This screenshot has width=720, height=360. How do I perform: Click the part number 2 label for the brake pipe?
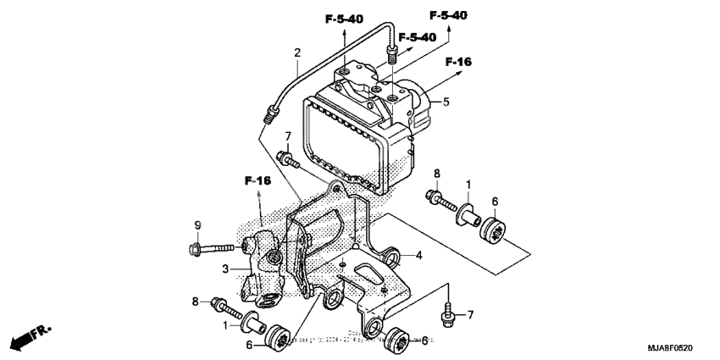[x=297, y=53]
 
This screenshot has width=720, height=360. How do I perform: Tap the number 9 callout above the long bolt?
[x=197, y=225]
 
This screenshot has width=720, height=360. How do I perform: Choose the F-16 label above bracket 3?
[x=258, y=180]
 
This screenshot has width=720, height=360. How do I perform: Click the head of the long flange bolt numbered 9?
[x=194, y=248]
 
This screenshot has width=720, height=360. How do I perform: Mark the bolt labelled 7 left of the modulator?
[x=285, y=158]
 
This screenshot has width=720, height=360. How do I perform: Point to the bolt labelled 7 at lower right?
[x=446, y=317]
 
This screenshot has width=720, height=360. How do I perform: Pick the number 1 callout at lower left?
[x=224, y=325]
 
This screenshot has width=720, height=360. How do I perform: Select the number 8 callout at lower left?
[x=196, y=302]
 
